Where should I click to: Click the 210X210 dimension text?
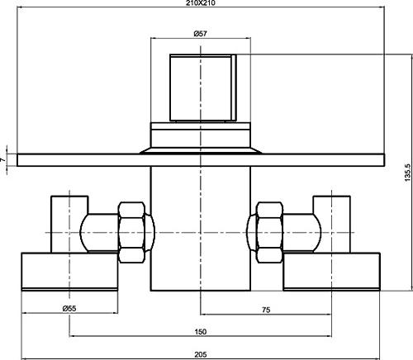201,3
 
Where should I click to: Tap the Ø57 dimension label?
201,34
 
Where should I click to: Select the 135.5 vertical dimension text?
408,173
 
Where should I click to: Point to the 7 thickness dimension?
2,159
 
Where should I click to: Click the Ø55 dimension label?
69,309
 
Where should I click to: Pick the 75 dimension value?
266,310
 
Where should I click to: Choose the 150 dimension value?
201,332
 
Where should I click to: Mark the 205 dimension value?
201,355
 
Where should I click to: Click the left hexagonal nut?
131,233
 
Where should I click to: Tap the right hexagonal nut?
269,233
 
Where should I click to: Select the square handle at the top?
203,88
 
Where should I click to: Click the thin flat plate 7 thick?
201,160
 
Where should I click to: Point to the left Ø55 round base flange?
69,272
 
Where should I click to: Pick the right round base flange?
332,272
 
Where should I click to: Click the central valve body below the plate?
201,229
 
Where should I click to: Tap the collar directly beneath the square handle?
201,135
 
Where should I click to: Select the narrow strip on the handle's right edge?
234,88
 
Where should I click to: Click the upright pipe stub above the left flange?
69,225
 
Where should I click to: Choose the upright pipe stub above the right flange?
332,225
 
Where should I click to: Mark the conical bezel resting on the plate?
201,151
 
